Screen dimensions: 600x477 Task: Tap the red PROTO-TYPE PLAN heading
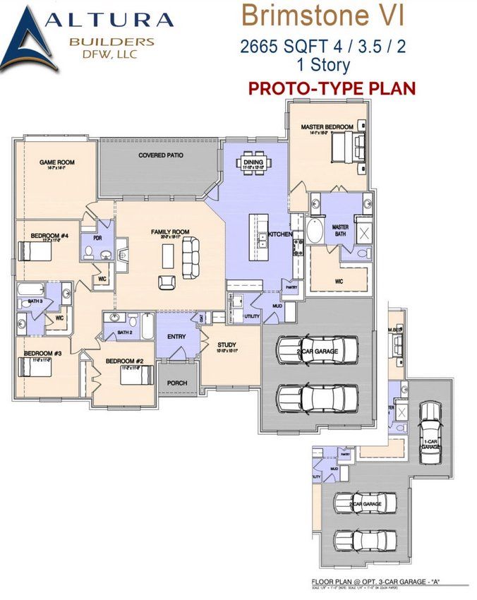click(x=331, y=88)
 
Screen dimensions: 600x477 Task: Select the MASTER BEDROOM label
click(x=327, y=127)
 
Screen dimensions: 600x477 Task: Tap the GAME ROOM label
click(x=56, y=162)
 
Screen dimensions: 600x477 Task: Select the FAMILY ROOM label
click(x=170, y=232)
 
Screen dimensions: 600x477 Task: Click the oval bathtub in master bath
click(x=316, y=232)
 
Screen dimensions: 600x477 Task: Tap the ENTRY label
click(x=176, y=337)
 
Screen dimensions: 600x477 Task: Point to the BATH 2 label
click(x=125, y=332)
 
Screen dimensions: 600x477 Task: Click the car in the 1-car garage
click(x=429, y=439)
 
